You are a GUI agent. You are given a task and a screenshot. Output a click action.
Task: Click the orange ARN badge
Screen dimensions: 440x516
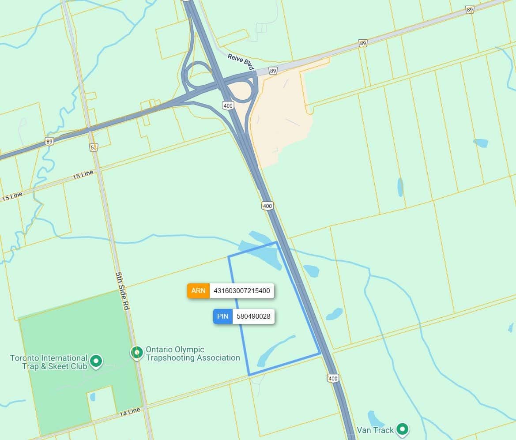coord(198,291)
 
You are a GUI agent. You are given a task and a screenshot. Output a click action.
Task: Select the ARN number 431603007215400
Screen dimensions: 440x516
coord(241,291)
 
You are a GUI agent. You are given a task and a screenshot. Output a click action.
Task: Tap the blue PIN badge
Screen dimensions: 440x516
coord(223,316)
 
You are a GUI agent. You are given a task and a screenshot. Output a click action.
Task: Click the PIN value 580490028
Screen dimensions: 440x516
coord(253,316)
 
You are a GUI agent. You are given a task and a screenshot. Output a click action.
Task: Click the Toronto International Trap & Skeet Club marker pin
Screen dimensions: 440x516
coord(96,361)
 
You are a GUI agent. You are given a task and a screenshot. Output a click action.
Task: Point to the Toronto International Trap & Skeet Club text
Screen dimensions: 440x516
coord(49,362)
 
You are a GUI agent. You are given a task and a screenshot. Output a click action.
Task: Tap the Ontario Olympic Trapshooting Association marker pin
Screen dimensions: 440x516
coord(137,352)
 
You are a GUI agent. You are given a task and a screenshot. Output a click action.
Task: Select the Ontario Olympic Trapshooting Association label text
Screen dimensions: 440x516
coord(193,354)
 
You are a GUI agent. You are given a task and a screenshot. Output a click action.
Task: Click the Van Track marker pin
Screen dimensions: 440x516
coord(402,429)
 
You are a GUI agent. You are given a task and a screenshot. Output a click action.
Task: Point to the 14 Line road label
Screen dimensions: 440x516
coord(129,412)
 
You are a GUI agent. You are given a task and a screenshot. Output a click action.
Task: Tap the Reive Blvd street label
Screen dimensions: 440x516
coord(241,61)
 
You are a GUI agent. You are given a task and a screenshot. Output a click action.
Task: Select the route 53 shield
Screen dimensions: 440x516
coord(93,147)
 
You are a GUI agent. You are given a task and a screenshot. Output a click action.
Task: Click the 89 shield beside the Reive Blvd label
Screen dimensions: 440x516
coord(273,71)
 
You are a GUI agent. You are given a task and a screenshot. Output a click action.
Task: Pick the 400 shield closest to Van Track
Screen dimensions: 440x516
coord(333,378)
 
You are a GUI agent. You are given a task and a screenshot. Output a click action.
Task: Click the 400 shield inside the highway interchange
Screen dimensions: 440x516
coord(228,105)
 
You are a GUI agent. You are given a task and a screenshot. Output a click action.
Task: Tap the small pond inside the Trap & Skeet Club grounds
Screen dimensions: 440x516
coord(92,397)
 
